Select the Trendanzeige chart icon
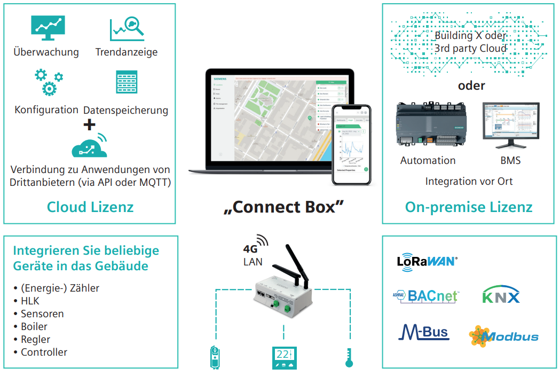click(x=127, y=29)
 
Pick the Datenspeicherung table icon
click(x=127, y=82)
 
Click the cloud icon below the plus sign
click(x=89, y=146)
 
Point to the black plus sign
click(x=90, y=124)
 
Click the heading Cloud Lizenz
click(x=90, y=207)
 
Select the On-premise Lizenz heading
click(x=469, y=207)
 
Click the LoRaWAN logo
click(x=427, y=261)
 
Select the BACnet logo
click(x=425, y=295)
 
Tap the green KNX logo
click(x=500, y=295)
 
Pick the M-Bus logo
click(x=424, y=332)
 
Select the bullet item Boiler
click(x=34, y=326)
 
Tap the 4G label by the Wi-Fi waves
click(x=250, y=249)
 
